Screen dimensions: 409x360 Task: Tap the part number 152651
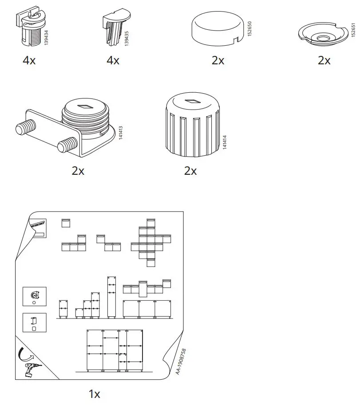[353, 32]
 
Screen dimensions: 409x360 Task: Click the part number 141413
[120, 132]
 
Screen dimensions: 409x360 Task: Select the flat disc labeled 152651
[321, 36]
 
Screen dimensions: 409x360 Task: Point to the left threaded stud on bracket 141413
[22, 130]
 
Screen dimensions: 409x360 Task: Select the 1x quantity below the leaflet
[94, 393]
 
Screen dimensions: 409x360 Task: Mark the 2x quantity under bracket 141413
[78, 171]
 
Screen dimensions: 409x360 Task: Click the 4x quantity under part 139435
[113, 60]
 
